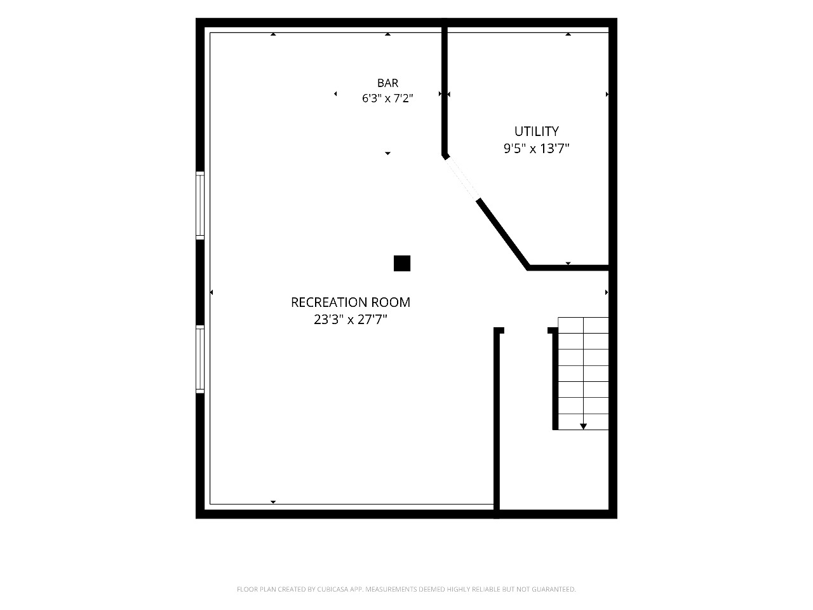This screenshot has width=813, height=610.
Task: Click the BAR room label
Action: (x=387, y=83)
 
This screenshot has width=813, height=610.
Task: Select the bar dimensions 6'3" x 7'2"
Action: (x=387, y=98)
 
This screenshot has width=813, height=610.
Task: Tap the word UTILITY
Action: (x=536, y=132)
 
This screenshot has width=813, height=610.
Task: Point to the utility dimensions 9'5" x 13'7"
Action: (x=536, y=149)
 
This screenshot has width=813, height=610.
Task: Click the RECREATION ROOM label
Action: (x=351, y=302)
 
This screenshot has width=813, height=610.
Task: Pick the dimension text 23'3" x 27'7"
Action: (x=351, y=320)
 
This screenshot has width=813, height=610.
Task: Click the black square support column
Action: (x=402, y=263)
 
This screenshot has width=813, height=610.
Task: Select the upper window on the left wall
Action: (x=200, y=205)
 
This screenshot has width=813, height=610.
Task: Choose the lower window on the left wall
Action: (x=200, y=359)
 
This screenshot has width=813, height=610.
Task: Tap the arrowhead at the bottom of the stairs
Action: (x=583, y=426)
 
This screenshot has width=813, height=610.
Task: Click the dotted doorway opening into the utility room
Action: (x=462, y=178)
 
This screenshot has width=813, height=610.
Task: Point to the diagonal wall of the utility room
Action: (x=503, y=233)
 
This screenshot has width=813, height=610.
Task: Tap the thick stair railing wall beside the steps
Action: (x=555, y=379)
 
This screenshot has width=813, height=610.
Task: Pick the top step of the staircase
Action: (x=583, y=325)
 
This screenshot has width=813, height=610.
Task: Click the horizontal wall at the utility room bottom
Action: (x=568, y=268)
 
